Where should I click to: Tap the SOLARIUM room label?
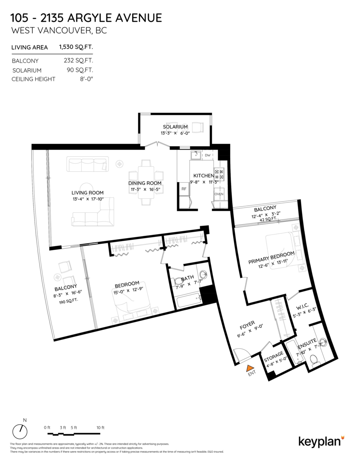(175, 127)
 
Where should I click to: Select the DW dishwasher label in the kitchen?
(207, 155)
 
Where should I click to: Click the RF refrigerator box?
(184, 189)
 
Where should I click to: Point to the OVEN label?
(219, 194)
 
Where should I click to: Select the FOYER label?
(247, 323)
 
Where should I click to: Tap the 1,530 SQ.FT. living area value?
(76, 47)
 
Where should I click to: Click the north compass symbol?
(20, 431)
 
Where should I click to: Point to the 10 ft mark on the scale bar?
(100, 428)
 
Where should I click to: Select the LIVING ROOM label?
(87, 193)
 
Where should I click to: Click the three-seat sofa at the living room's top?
(87, 164)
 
